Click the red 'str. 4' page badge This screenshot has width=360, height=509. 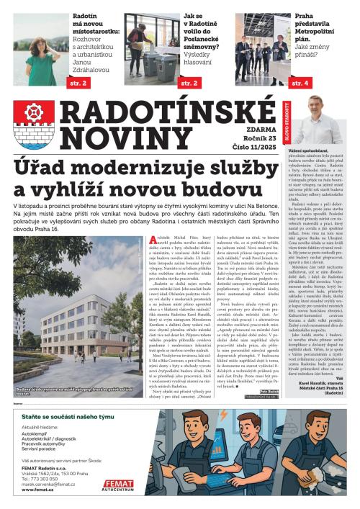tap(299, 84)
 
